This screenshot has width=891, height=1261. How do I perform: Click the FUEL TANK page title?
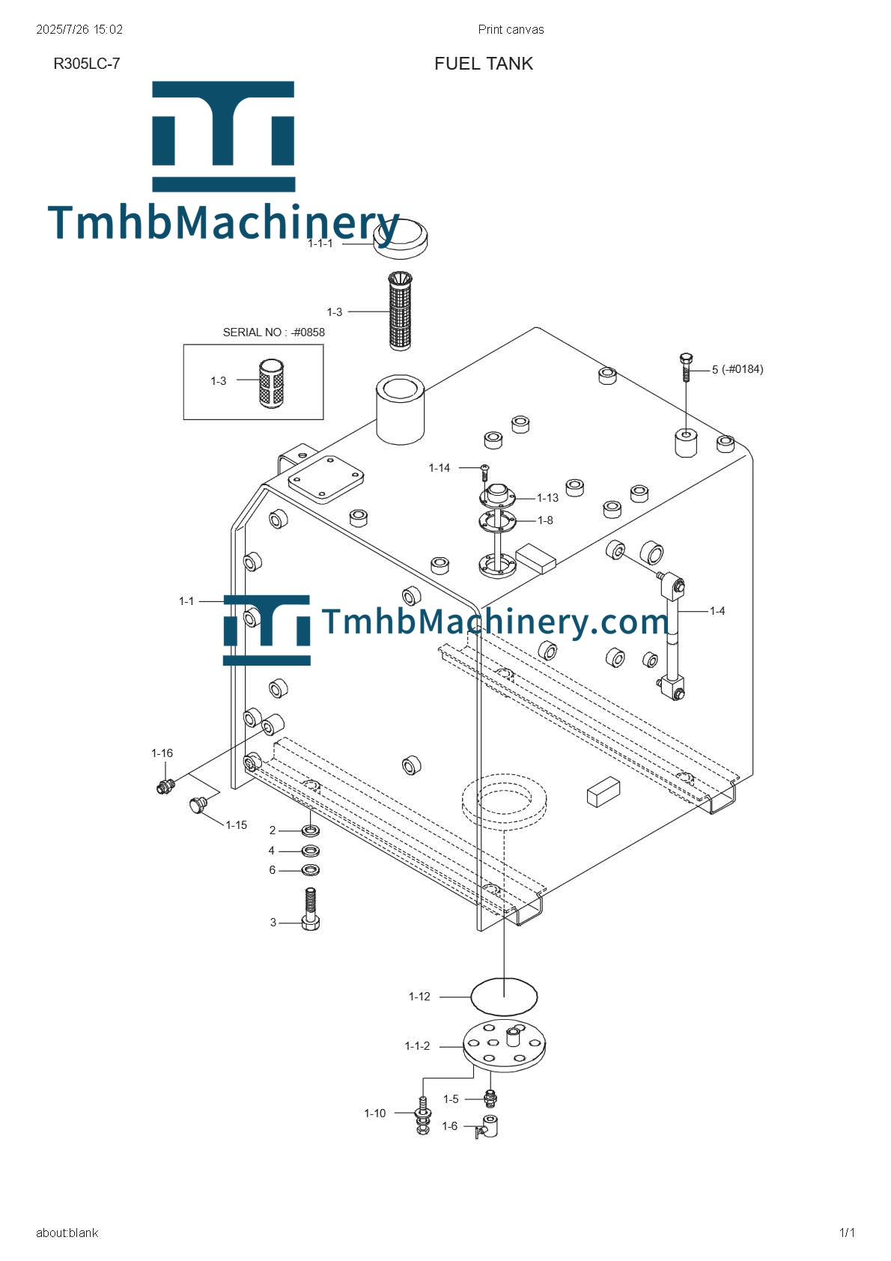tap(483, 64)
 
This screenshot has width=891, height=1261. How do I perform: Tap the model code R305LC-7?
tap(86, 64)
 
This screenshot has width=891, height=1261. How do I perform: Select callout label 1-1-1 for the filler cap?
tap(320, 243)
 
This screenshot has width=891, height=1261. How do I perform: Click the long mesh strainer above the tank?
tap(401, 311)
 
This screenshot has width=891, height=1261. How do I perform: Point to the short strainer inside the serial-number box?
tap(271, 384)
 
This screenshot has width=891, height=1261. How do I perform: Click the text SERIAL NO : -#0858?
tap(273, 332)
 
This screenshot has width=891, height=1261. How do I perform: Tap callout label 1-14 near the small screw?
tap(439, 468)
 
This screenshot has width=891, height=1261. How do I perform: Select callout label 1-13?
tap(547, 498)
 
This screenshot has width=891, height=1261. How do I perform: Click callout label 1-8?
tap(545, 520)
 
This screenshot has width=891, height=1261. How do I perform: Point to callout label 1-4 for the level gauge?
tap(717, 611)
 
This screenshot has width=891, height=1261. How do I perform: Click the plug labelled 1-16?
tap(165, 786)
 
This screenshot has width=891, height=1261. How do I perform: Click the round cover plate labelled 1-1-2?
tap(504, 1044)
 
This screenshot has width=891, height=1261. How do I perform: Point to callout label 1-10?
tap(374, 1113)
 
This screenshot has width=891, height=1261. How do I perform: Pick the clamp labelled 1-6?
tap(488, 1126)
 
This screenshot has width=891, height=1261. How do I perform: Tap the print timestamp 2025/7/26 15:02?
tap(79, 30)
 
